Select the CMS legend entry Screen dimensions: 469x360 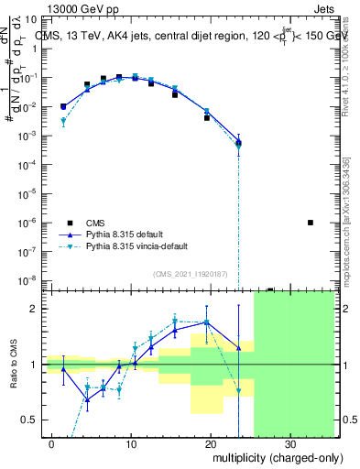coord(95,223)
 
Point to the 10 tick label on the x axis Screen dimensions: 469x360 coord(132,444)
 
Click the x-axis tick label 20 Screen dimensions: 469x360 coord(211,444)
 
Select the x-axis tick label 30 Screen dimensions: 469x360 coord(289,444)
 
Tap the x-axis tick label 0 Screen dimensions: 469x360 coord(53,444)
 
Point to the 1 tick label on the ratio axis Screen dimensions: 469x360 coord(38,365)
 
